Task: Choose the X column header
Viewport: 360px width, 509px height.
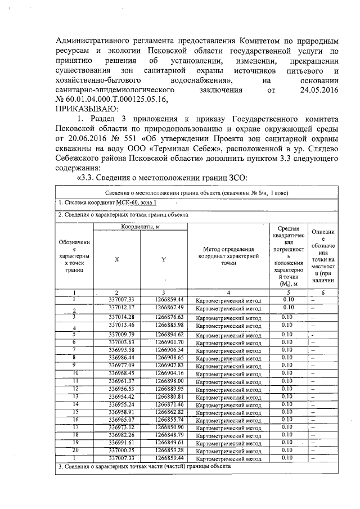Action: click(116, 259)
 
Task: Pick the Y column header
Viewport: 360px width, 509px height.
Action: click(163, 259)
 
